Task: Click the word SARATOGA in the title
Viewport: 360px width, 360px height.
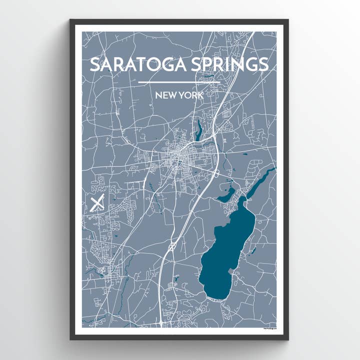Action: coord(131,65)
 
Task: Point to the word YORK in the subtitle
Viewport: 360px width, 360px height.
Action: coord(192,94)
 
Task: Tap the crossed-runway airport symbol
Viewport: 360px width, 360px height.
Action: coord(98,203)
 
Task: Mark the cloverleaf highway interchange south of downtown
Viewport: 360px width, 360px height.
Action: coord(172,245)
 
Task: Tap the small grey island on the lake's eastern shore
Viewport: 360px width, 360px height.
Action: coord(231,270)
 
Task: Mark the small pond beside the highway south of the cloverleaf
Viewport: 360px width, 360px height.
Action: coord(175,277)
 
